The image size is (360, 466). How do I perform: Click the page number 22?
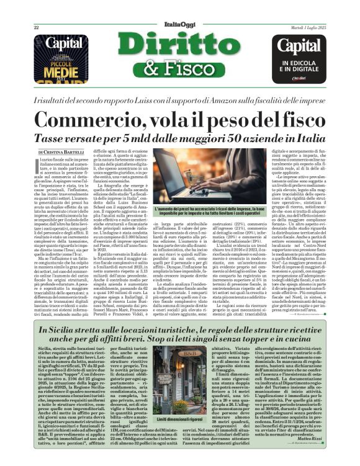coord(37,28)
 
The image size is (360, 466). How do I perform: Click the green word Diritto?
coord(180,45)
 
